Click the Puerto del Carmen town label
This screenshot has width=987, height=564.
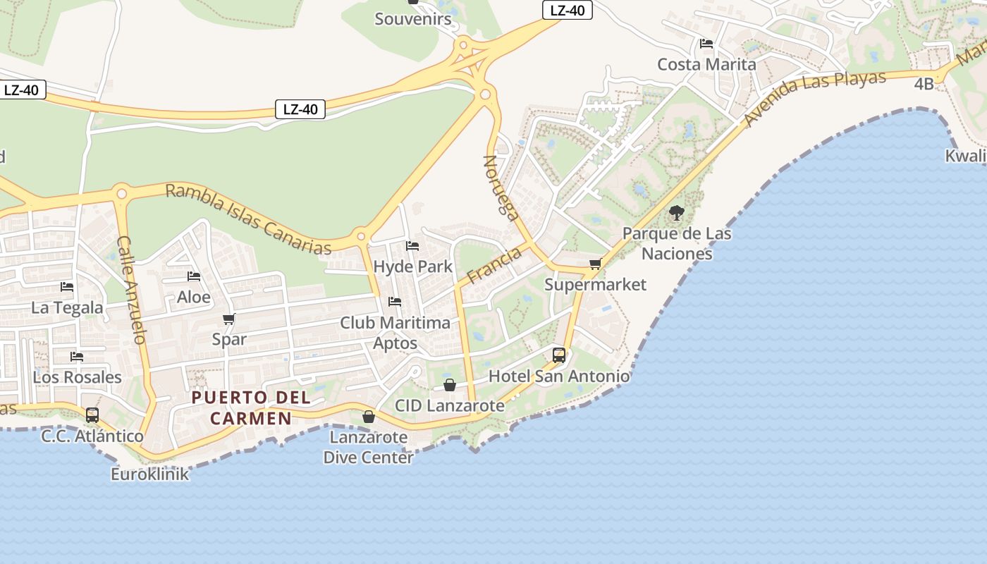pos(251,407)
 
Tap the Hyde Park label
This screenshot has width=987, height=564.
pos(412,266)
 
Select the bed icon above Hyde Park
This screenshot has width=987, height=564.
pos(412,246)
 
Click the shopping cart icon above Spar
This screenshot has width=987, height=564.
pos(229,319)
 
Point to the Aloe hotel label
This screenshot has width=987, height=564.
pos(193,297)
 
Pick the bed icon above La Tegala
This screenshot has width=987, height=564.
pos(67,287)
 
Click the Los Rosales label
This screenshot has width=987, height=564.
pos(77,377)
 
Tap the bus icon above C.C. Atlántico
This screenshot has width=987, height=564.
pos(92,415)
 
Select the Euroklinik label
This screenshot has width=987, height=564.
pos(149,474)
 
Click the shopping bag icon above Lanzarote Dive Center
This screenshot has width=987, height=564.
pos(368,417)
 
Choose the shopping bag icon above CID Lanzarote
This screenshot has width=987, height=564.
pos(449,385)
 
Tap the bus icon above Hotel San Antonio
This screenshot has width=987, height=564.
pos(559,355)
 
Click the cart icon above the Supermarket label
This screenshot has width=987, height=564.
pos(595,264)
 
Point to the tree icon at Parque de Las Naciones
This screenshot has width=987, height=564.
pos(676,212)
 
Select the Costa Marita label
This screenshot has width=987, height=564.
pos(706,64)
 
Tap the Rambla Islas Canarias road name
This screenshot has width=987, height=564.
pos(248,219)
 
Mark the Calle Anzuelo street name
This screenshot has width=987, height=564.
pos(132,290)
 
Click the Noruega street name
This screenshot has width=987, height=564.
pos(501,188)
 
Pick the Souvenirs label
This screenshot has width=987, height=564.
pos(412,19)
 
